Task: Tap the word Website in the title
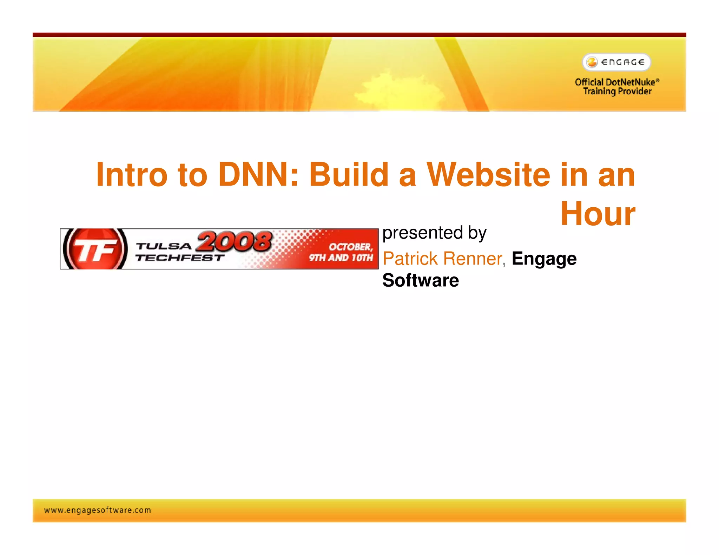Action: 488,175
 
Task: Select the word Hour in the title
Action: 598,214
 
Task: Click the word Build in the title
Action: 348,175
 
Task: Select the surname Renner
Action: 473,259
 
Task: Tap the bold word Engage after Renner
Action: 544,259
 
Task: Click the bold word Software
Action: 421,280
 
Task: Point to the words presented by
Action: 434,233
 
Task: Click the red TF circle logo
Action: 95,249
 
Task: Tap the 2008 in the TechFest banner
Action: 235,241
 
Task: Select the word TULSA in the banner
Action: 164,246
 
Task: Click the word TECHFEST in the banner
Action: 180,258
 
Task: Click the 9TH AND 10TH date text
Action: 341,258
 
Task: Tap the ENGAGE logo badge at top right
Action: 616,62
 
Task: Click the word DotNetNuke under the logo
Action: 630,82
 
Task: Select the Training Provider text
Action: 617,92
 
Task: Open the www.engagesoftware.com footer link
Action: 98,510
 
